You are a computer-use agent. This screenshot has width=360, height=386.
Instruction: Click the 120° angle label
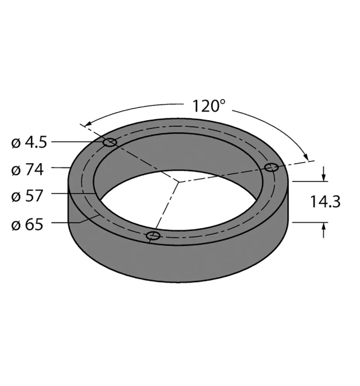point(209,105)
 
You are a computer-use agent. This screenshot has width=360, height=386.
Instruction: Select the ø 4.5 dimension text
point(29,143)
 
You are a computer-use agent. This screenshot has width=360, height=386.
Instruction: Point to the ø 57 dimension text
point(28,196)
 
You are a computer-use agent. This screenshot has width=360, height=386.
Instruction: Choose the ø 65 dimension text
point(28,225)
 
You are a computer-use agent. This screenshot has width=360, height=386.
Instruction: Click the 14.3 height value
point(326,201)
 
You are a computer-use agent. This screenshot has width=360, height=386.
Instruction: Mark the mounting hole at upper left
point(110,143)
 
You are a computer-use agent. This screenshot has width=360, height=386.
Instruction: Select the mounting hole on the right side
point(272,167)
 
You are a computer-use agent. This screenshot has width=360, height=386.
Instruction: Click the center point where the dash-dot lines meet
point(178,181)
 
